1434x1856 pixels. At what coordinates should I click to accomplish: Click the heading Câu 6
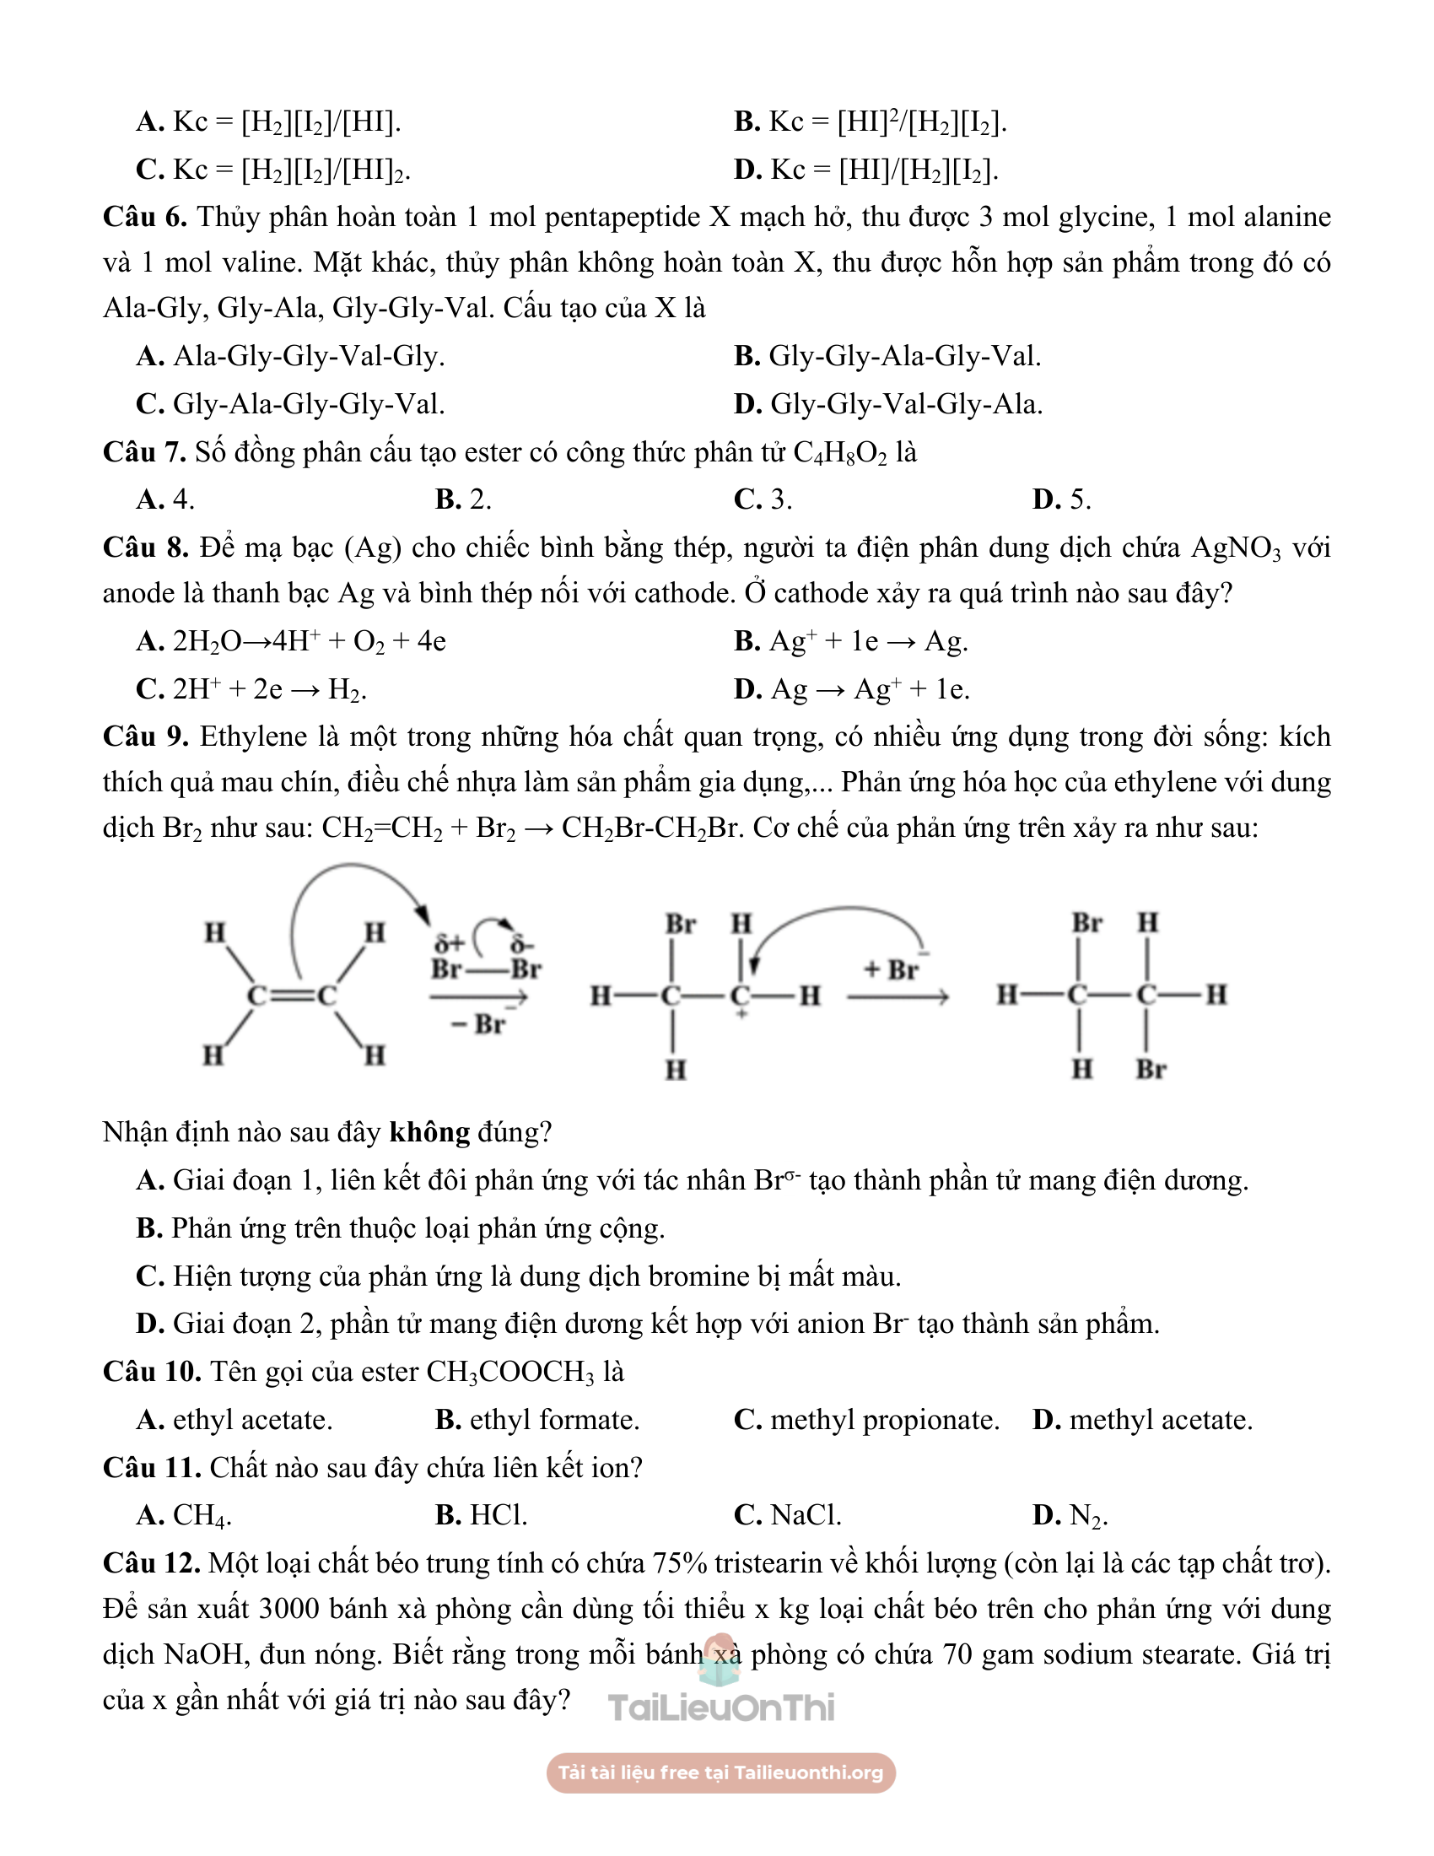click(x=144, y=218)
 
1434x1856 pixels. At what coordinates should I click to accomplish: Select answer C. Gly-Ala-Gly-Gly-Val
click(x=290, y=403)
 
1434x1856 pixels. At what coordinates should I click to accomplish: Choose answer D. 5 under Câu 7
click(x=1061, y=499)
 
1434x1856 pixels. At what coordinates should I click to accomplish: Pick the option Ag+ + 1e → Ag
click(x=850, y=642)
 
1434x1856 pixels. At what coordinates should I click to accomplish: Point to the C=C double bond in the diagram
click(x=292, y=995)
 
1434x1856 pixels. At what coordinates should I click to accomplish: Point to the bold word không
click(x=429, y=1133)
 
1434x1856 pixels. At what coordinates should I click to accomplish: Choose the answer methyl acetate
click(x=1143, y=1420)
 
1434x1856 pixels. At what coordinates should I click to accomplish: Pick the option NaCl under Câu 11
click(x=788, y=1515)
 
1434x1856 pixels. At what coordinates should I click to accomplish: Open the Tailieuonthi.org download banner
click(x=720, y=1772)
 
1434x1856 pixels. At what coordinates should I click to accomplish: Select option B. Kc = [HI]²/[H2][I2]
click(x=870, y=122)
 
